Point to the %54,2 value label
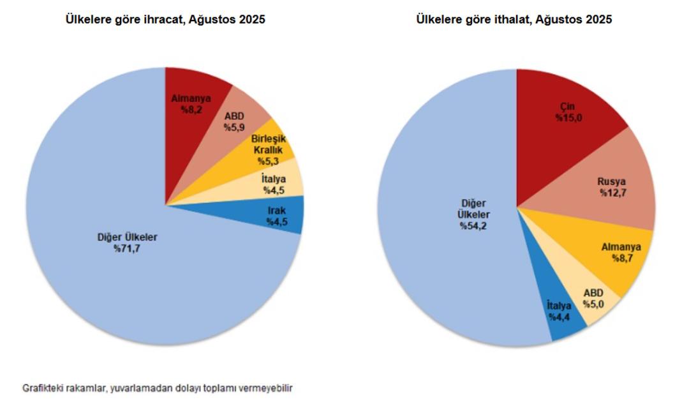[x=473, y=227]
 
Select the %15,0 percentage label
[x=568, y=117]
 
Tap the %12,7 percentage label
[x=612, y=193]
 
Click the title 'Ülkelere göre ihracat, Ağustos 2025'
[x=165, y=20]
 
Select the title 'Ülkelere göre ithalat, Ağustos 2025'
[x=514, y=20]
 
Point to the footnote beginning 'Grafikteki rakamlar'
[x=158, y=387]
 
